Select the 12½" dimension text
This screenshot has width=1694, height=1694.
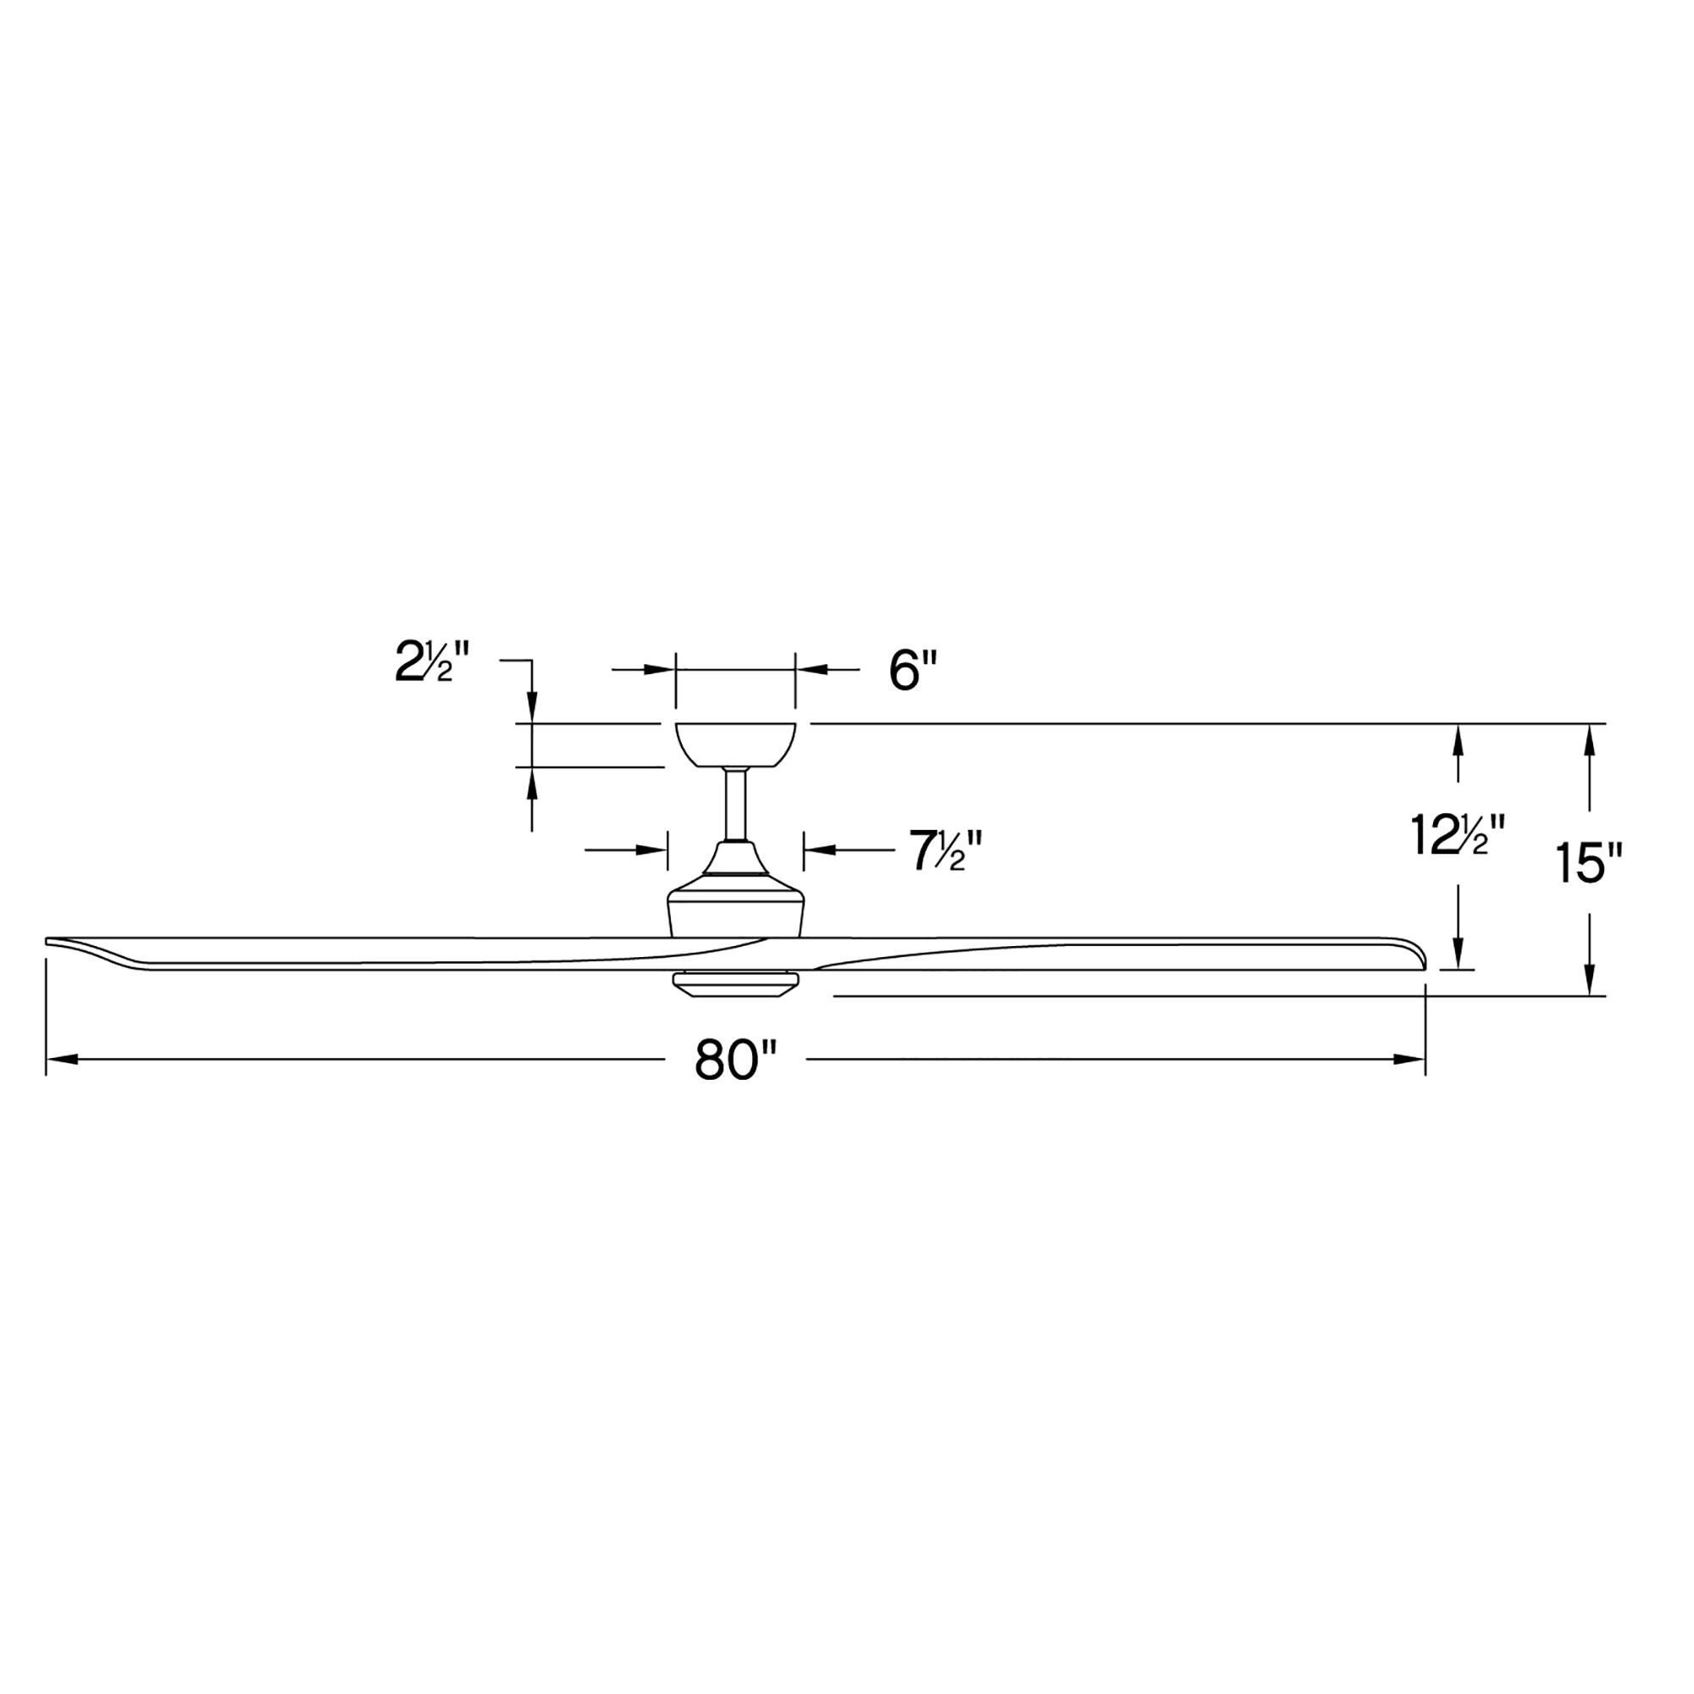[x=1456, y=836]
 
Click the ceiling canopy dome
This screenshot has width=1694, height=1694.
[x=734, y=745]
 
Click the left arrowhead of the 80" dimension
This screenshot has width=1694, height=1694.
[x=59, y=1060]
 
